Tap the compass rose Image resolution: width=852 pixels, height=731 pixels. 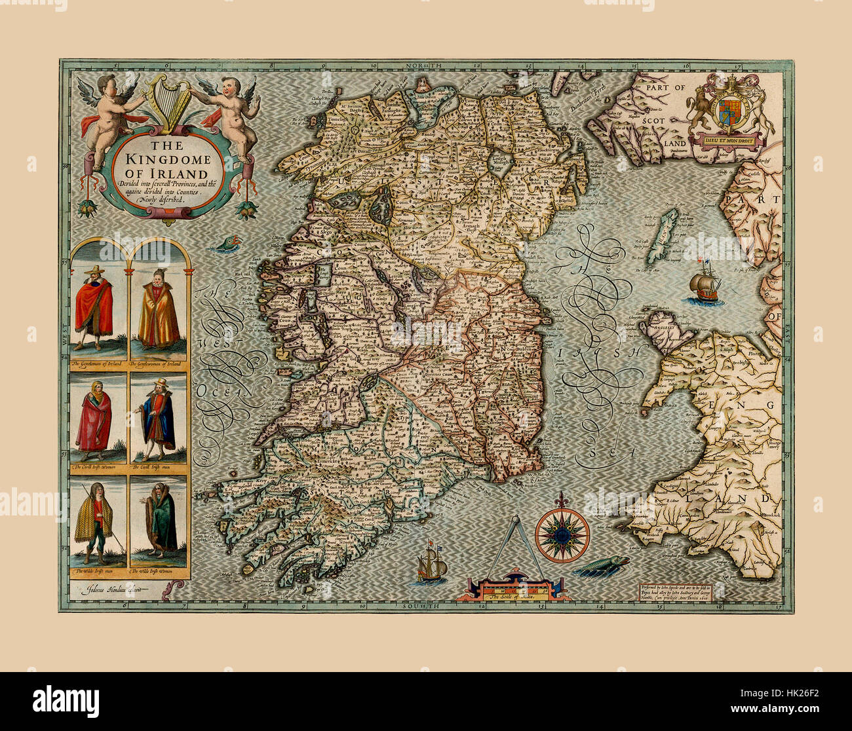tap(562, 534)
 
